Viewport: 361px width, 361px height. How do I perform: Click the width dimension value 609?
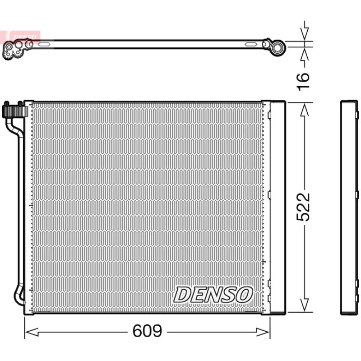click(147, 332)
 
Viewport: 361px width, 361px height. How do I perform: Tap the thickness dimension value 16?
click(303, 80)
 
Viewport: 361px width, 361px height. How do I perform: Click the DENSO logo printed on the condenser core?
click(212, 295)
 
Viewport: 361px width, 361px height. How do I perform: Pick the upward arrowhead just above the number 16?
click(305, 55)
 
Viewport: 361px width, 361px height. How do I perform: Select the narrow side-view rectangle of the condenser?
click(348, 207)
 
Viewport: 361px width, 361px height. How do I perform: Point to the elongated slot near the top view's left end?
click(46, 44)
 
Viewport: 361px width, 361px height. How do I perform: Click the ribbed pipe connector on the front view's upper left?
click(13, 110)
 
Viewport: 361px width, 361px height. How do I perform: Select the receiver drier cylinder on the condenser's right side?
click(277, 207)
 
